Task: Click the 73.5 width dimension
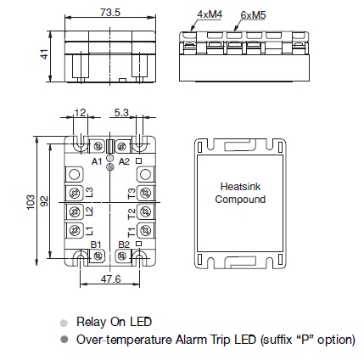(110, 13)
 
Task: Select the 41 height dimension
(44, 54)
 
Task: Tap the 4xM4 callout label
(210, 14)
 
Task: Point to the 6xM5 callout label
(253, 14)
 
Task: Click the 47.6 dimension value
(110, 279)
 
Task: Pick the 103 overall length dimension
(31, 202)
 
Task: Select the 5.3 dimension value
(121, 112)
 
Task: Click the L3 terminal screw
(75, 194)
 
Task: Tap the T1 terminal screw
(146, 231)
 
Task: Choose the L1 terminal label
(89, 231)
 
